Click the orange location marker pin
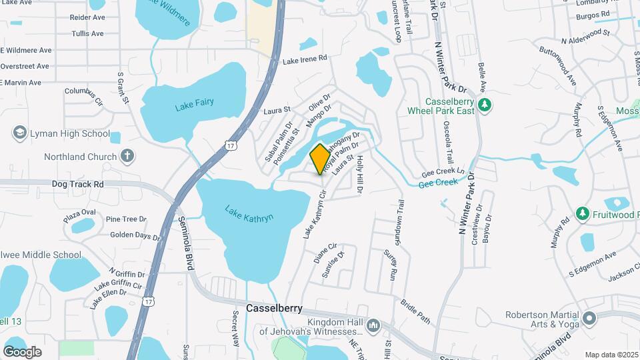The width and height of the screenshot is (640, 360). tap(320, 159)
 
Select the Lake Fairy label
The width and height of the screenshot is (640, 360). tap(195, 105)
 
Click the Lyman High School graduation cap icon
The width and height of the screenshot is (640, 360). tap(19, 133)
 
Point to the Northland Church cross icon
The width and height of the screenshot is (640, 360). tap(127, 157)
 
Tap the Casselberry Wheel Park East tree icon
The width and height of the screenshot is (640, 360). tap(486, 105)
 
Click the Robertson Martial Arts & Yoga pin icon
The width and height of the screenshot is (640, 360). tap(589, 319)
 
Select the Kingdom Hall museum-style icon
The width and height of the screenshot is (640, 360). tap(373, 326)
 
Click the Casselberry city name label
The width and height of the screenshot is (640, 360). tap(274, 309)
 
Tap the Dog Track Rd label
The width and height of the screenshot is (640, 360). tap(79, 183)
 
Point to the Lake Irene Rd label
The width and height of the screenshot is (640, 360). tap(305, 59)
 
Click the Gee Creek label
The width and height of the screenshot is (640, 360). tap(438, 182)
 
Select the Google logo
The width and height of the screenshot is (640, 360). tap(22, 351)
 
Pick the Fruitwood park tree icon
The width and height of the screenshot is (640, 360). tap(583, 213)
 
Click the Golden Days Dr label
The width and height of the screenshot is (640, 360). tap(135, 235)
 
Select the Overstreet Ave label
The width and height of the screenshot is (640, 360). tap(25, 66)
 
